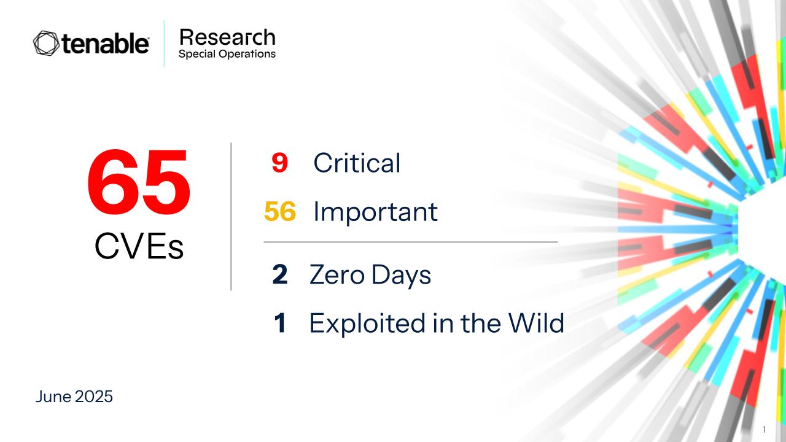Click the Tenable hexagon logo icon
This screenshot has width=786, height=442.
click(x=46, y=43)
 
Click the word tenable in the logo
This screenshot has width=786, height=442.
click(x=105, y=44)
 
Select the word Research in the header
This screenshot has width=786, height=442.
click(x=227, y=37)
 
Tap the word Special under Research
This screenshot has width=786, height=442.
click(x=197, y=54)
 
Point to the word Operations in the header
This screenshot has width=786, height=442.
click(x=247, y=54)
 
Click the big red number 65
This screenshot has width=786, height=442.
click(x=139, y=181)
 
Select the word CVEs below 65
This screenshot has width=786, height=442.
click(x=139, y=246)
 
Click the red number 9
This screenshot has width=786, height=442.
click(x=279, y=163)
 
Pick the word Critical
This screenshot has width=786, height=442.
click(x=357, y=163)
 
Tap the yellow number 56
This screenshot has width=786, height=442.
click(x=280, y=211)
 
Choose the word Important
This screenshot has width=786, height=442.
click(x=375, y=212)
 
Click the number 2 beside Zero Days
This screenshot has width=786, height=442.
click(x=279, y=274)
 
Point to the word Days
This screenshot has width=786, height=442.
click(x=401, y=275)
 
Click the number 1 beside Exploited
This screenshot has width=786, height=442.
click(x=280, y=323)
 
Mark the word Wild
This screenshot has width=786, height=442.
click(x=537, y=322)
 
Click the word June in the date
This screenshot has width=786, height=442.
click(x=53, y=397)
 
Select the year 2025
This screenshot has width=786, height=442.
click(x=94, y=397)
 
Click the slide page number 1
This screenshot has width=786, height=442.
click(x=765, y=429)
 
